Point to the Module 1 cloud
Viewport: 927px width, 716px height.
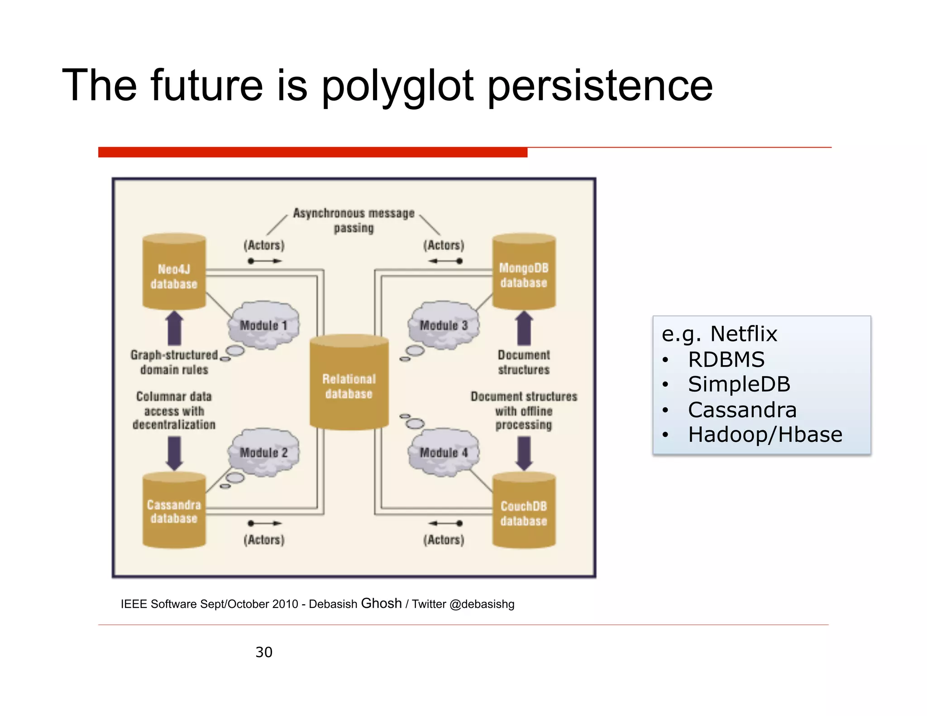[264, 325]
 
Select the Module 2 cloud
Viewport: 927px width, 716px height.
[264, 452]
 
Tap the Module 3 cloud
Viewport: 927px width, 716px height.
[444, 325]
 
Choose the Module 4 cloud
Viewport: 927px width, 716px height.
[444, 452]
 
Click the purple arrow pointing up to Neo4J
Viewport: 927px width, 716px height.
[174, 328]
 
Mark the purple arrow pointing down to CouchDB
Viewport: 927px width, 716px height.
[524, 453]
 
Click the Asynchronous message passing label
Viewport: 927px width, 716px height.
[354, 220]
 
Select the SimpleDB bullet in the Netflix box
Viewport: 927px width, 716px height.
[739, 384]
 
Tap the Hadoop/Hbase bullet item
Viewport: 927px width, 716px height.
[765, 434]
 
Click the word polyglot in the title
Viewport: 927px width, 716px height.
[397, 86]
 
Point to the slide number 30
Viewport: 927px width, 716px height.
[264, 652]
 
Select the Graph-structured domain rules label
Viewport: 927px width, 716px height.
[174, 362]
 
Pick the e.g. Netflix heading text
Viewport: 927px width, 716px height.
[719, 334]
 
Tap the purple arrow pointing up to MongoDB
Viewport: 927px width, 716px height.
[524, 328]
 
